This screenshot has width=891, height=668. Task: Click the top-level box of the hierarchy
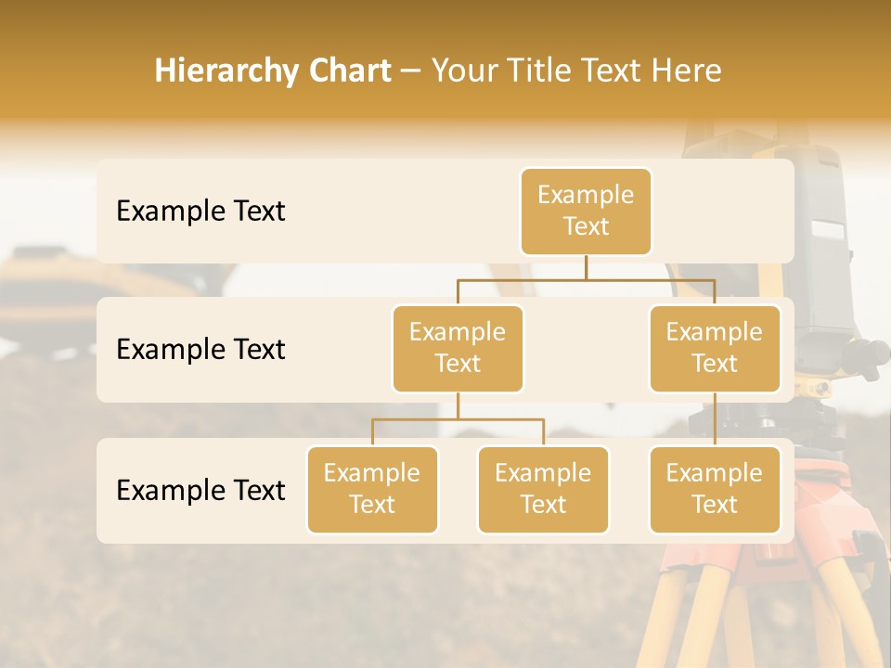[x=586, y=212]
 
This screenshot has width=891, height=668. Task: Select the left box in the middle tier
[x=458, y=349]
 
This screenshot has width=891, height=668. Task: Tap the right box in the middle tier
[x=715, y=349]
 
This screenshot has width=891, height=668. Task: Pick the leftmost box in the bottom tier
[x=372, y=490]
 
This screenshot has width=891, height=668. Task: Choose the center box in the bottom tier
[x=543, y=490]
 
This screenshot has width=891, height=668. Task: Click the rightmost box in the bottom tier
[x=715, y=490]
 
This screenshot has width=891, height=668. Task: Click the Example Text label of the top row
[x=200, y=212]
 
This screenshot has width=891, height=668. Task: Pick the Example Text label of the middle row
[x=200, y=350]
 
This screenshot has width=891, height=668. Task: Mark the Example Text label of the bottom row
[x=200, y=490]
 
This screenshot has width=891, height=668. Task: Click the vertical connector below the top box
[x=586, y=267]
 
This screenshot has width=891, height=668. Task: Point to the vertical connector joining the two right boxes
[x=715, y=419]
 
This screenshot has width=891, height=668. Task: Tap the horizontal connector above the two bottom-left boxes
[x=458, y=419]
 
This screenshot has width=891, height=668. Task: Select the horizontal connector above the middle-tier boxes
[x=586, y=278]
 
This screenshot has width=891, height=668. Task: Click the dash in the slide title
[x=411, y=72]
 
